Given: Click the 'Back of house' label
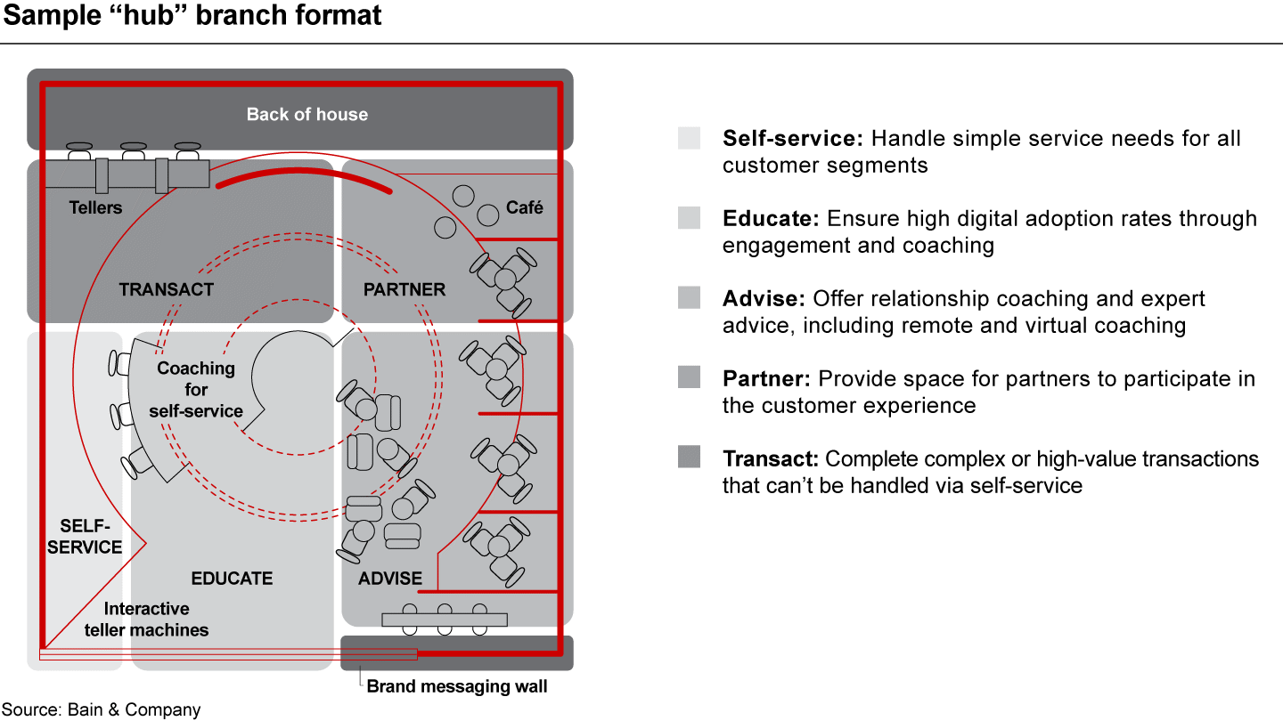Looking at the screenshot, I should click(x=306, y=114).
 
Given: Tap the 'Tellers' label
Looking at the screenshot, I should click(x=95, y=207).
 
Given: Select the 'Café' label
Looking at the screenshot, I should click(x=524, y=207).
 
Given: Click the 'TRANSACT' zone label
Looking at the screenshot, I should click(x=167, y=289).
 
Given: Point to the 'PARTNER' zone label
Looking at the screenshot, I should click(x=405, y=289).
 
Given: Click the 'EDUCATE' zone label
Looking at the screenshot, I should click(x=232, y=579).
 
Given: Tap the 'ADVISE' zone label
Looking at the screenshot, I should click(x=390, y=579).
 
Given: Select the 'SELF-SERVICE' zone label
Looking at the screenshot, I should click(x=85, y=536).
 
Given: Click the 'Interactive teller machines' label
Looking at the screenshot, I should click(x=147, y=620).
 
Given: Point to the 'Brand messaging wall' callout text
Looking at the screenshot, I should click(x=457, y=686).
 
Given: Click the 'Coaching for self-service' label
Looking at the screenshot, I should click(x=196, y=389).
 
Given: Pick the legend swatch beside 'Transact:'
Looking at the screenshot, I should click(x=689, y=457).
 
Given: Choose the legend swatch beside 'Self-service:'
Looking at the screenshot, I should click(x=689, y=138).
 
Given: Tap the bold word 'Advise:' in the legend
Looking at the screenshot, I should click(x=761, y=299).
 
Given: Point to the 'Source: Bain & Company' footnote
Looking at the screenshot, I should click(x=101, y=709).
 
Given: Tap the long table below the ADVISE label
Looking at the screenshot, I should click(x=444, y=620).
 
